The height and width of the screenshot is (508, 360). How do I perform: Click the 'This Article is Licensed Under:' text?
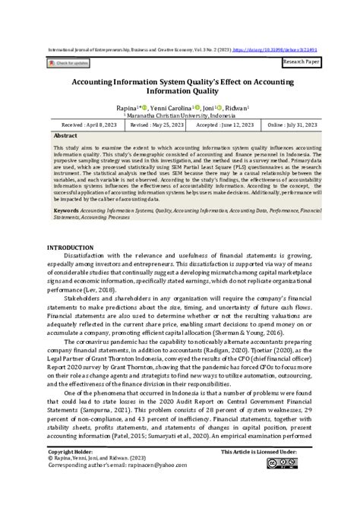(x=259, y=472)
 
